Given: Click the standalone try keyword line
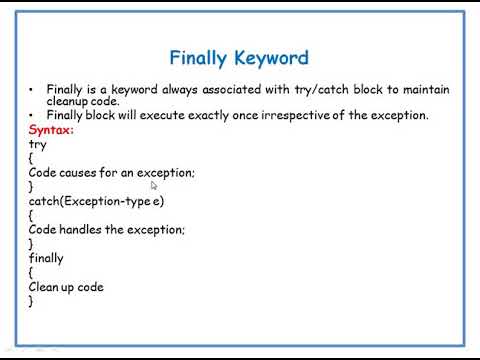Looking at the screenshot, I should (x=37, y=144).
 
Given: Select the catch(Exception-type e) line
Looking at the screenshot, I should (x=96, y=201).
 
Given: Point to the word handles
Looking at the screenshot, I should (x=82, y=229).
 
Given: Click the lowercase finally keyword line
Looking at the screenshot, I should (x=46, y=258).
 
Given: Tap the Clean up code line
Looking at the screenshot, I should (x=66, y=287).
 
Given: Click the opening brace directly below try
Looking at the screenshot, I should (x=32, y=158).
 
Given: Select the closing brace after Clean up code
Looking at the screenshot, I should (x=32, y=301).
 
